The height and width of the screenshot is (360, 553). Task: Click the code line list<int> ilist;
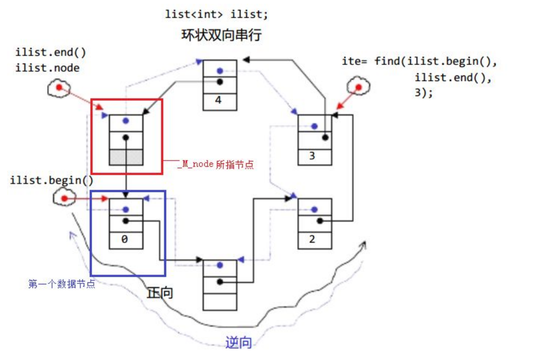tap(216, 15)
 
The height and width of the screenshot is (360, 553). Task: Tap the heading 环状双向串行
tap(221, 36)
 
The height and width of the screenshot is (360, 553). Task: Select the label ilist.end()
tap(51, 52)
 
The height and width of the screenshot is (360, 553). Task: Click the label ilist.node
tap(47, 68)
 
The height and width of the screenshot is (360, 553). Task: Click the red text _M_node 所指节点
tap(215, 165)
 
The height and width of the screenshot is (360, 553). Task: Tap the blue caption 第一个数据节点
tap(62, 284)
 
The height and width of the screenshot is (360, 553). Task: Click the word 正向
tap(160, 293)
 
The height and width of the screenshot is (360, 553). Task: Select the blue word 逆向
tap(239, 343)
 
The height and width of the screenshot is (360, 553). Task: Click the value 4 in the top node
tap(219, 100)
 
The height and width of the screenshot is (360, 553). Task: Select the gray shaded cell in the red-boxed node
tap(126, 157)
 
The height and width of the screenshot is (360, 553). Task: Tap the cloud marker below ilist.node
tap(58, 88)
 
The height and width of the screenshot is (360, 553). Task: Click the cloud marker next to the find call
tap(358, 87)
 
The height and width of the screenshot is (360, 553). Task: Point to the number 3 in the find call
tap(417, 93)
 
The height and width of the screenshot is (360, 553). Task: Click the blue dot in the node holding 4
tap(220, 71)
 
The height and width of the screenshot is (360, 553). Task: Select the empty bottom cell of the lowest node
tap(220, 301)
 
